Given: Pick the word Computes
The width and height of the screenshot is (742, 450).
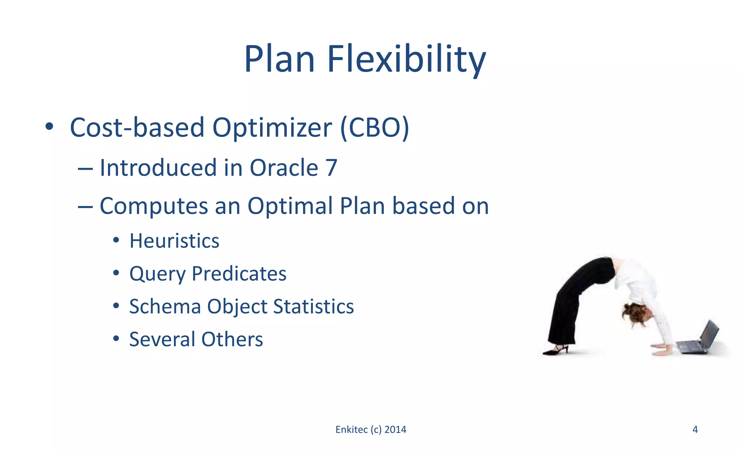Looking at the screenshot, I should pyautogui.click(x=154, y=206).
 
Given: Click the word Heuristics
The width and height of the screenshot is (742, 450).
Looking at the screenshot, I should pyautogui.click(x=174, y=241).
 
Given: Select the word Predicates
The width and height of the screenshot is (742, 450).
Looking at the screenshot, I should pyautogui.click(x=239, y=273).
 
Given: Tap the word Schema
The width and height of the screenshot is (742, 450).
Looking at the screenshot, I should pyautogui.click(x=165, y=306).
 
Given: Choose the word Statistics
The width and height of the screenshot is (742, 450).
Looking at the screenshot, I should pyautogui.click(x=313, y=306).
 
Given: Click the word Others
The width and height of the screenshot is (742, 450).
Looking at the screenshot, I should pyautogui.click(x=232, y=339).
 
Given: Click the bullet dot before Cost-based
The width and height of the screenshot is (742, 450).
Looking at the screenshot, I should pyautogui.click(x=49, y=127).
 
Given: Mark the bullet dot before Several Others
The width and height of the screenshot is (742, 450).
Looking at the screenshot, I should pyautogui.click(x=116, y=338).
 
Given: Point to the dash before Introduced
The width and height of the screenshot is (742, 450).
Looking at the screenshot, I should pyautogui.click(x=85, y=169).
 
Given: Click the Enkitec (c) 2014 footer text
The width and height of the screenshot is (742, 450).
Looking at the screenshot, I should pyautogui.click(x=371, y=429).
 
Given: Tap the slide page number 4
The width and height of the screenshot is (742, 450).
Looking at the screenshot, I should pyautogui.click(x=695, y=429).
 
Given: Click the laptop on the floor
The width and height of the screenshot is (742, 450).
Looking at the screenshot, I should pyautogui.click(x=698, y=340).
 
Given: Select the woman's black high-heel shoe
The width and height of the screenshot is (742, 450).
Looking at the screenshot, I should pyautogui.click(x=556, y=350).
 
